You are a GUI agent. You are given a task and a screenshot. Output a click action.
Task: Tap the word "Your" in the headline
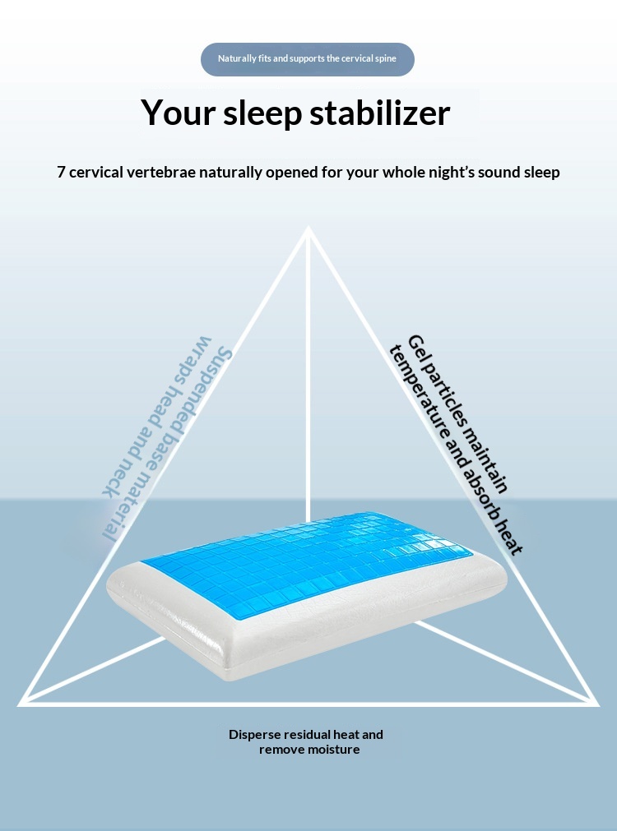coord(178,113)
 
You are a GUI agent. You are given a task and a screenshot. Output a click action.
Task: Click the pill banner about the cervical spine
coord(307,59)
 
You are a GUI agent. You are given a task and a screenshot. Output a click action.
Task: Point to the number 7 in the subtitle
coord(61,173)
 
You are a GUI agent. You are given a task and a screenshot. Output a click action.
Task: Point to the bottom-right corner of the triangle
coord(598,705)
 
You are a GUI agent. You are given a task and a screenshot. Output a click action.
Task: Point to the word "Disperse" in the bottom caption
coord(255,735)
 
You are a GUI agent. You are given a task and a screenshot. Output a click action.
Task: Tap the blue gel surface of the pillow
coord(308,561)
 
